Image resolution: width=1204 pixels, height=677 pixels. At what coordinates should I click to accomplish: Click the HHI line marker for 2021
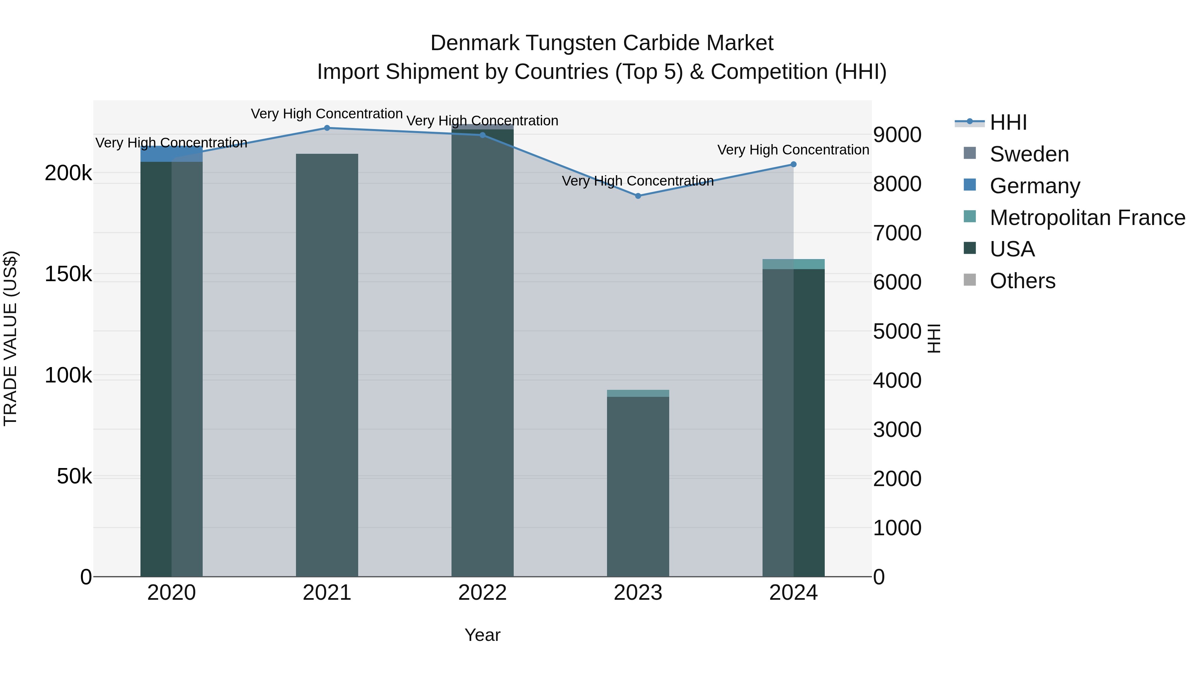pyautogui.click(x=327, y=128)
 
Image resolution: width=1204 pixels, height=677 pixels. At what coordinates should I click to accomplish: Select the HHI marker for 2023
pyautogui.click(x=638, y=196)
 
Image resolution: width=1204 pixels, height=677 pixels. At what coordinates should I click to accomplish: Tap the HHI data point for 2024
pyautogui.click(x=793, y=164)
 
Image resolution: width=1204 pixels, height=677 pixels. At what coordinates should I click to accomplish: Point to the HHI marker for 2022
pyautogui.click(x=482, y=135)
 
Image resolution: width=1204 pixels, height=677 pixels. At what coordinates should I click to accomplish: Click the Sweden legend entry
pyautogui.click(x=1029, y=154)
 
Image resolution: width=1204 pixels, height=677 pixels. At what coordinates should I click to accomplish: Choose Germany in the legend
pyautogui.click(x=1034, y=186)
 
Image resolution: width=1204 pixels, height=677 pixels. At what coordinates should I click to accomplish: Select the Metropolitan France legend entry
pyautogui.click(x=1087, y=218)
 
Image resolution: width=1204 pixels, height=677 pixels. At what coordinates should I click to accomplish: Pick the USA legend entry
pyautogui.click(x=1012, y=249)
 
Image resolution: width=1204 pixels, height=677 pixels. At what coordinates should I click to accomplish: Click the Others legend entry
pyautogui.click(x=1022, y=281)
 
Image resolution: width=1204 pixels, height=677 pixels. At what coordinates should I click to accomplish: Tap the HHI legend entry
pyautogui.click(x=1008, y=122)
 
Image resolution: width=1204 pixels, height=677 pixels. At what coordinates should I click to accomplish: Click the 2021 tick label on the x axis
pyautogui.click(x=327, y=593)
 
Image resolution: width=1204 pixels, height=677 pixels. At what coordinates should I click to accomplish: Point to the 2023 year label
pyautogui.click(x=638, y=593)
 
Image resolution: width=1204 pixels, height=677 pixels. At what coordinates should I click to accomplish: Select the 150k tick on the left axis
pyautogui.click(x=68, y=274)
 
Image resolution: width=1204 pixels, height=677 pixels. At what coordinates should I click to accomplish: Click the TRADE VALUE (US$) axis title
pyautogui.click(x=10, y=338)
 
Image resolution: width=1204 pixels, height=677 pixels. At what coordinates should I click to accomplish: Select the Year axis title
pyautogui.click(x=482, y=635)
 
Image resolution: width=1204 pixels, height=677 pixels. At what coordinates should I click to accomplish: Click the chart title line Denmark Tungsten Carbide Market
pyautogui.click(x=602, y=43)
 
